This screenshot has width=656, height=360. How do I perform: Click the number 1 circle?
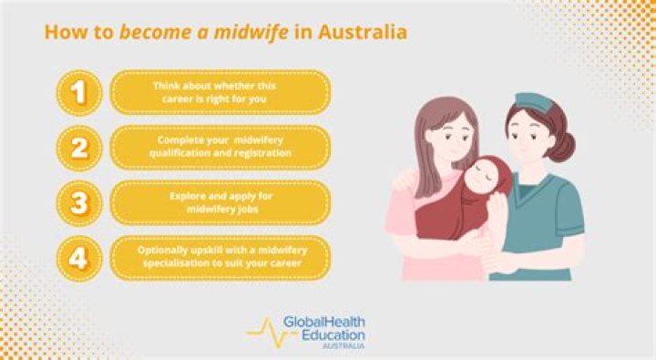[80, 92]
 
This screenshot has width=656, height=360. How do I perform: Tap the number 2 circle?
[80, 148]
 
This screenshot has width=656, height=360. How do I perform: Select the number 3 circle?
[80, 202]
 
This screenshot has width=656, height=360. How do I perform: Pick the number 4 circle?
[80, 258]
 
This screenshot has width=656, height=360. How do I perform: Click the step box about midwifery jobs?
[220, 202]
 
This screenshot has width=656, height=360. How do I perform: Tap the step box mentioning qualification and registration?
[220, 148]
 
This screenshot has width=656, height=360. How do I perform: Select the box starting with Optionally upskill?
[220, 258]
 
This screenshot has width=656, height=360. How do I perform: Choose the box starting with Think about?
[220, 92]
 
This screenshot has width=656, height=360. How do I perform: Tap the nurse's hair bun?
[566, 146]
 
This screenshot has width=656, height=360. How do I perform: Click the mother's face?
[449, 137]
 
